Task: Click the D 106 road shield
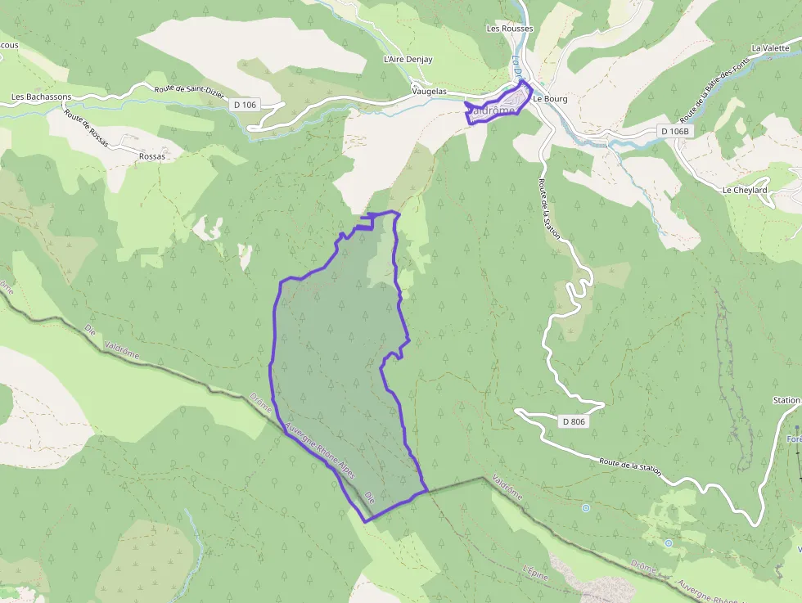[x=245, y=104]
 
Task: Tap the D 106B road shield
[x=676, y=131]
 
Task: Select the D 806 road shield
[x=574, y=421]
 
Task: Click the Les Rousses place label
[x=509, y=29]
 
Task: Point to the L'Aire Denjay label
[x=408, y=60]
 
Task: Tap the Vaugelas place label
[x=429, y=92]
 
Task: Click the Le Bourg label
[x=550, y=99]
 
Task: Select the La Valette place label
[x=770, y=48]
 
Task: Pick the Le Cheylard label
[x=745, y=190]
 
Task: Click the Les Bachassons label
[x=41, y=97]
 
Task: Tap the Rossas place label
[x=152, y=155]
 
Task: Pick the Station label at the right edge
[x=786, y=401]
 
